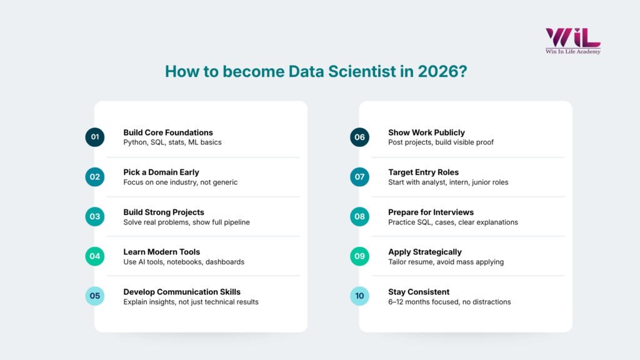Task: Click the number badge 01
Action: (95, 137)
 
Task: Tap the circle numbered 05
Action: (95, 296)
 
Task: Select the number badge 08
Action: (359, 216)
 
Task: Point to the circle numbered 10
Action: (359, 296)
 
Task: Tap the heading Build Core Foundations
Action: (168, 132)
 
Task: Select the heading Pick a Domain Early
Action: (161, 172)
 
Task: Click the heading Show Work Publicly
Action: (426, 132)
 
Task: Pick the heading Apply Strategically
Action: (425, 252)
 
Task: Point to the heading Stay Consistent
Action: (419, 292)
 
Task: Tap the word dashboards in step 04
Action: (225, 262)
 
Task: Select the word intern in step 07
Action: (455, 182)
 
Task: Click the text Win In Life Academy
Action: (573, 52)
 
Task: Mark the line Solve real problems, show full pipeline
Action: (187, 222)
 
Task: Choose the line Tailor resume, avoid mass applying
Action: (446, 262)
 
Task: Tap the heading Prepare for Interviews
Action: (431, 212)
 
